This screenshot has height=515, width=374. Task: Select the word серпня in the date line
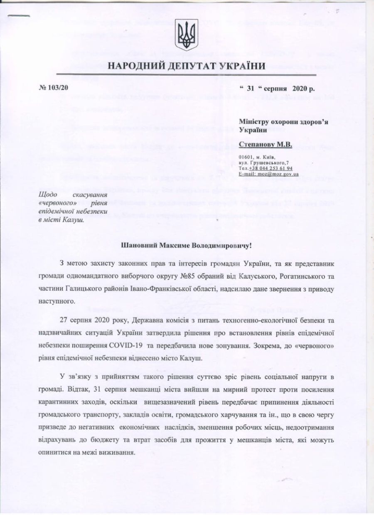[276, 88]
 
